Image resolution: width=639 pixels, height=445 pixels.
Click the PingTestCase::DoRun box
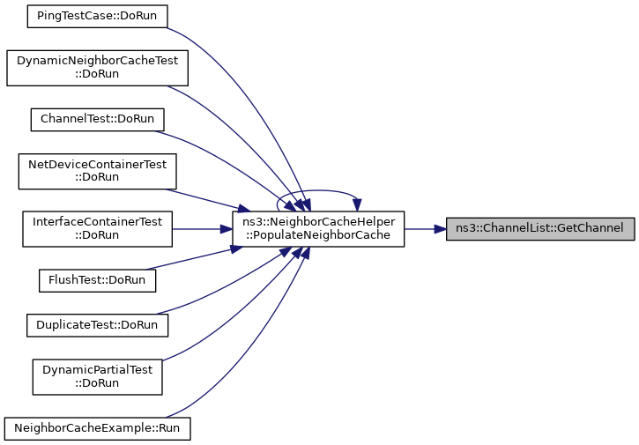98,16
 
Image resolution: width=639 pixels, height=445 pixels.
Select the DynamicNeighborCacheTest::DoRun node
98,68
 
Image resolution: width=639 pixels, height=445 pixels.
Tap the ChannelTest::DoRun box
98,119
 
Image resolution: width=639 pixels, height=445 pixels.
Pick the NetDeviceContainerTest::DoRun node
98,171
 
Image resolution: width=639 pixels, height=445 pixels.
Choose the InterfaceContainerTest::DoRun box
98,228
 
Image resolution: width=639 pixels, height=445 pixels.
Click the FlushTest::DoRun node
98,280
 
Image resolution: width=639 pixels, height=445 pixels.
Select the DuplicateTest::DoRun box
98,325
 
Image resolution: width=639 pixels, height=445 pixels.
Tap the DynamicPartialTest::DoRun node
98,377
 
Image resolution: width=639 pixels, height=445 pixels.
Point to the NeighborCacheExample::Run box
98,428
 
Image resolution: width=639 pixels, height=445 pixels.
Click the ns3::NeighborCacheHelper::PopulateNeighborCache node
318,228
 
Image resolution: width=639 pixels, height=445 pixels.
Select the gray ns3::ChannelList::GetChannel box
540,228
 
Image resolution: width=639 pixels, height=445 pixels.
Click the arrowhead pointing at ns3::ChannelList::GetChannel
440,229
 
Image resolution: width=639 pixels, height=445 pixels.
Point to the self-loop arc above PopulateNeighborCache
318,190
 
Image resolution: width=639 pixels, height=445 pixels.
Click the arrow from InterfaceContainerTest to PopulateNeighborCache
202,229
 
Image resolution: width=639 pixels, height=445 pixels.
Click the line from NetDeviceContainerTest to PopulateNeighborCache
208,201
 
